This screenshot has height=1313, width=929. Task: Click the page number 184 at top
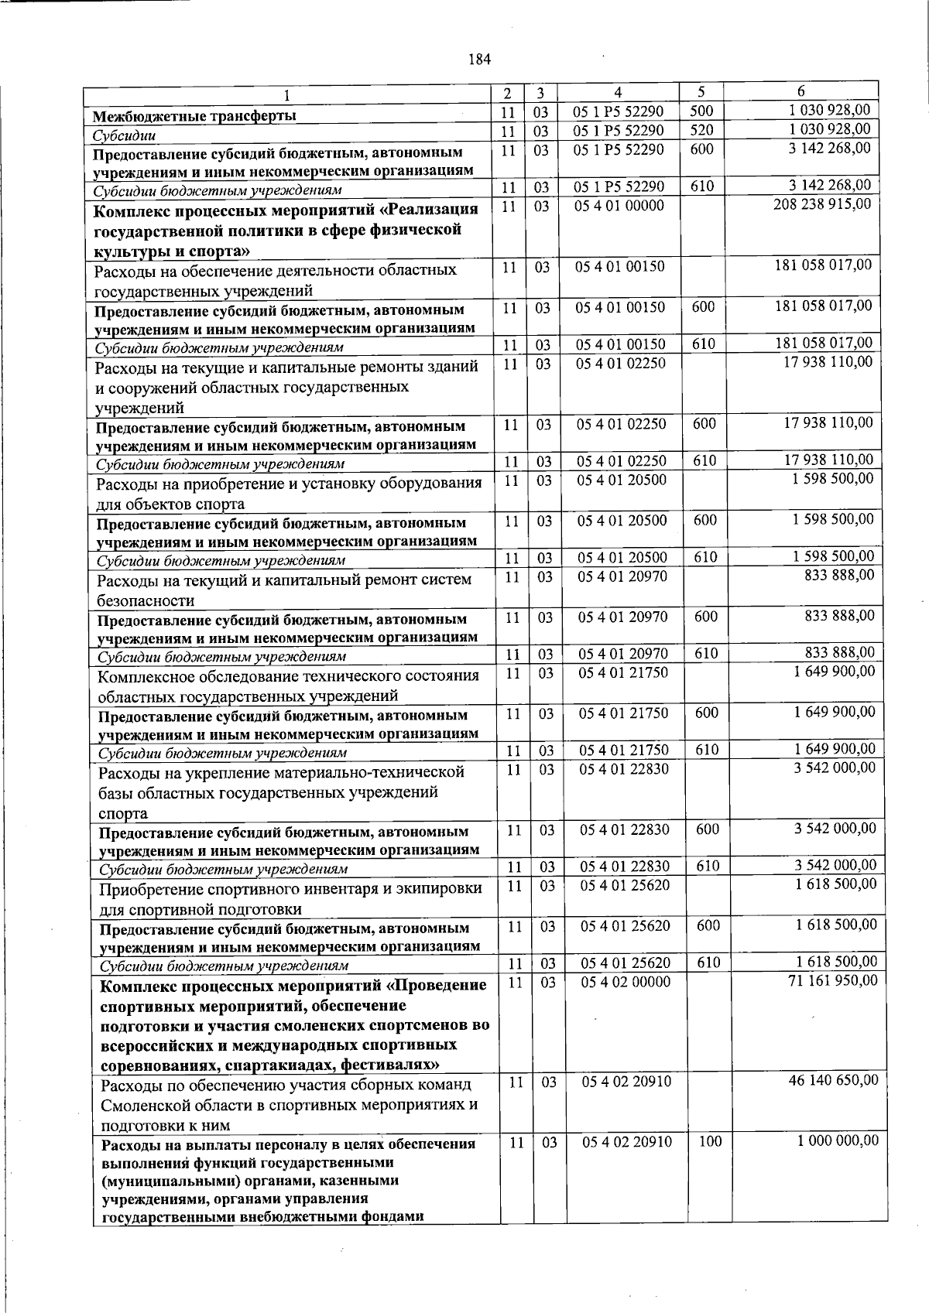(x=480, y=60)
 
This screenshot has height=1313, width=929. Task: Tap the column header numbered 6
(x=801, y=91)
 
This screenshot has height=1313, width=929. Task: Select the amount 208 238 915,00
(x=822, y=204)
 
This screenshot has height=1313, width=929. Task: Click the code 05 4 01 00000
(x=620, y=206)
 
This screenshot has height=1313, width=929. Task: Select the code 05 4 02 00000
(x=626, y=982)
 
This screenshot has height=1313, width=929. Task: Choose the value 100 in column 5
(x=710, y=1141)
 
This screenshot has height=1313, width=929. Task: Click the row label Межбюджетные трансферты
(x=194, y=117)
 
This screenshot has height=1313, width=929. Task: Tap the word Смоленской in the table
(x=149, y=1105)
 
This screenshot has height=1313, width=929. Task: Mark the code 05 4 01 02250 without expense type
(x=622, y=363)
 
